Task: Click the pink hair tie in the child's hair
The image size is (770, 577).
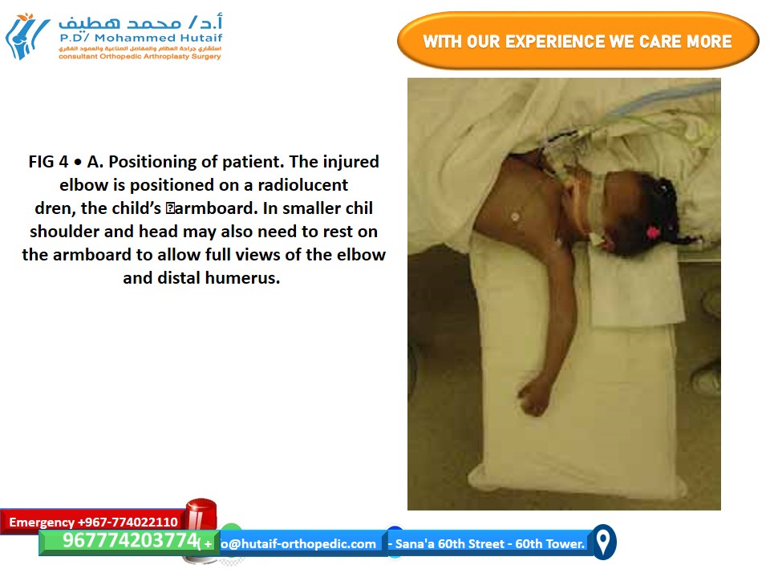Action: coord(653,232)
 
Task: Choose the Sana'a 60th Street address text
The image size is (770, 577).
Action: coord(487,543)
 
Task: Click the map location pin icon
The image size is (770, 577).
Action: coord(603,542)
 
